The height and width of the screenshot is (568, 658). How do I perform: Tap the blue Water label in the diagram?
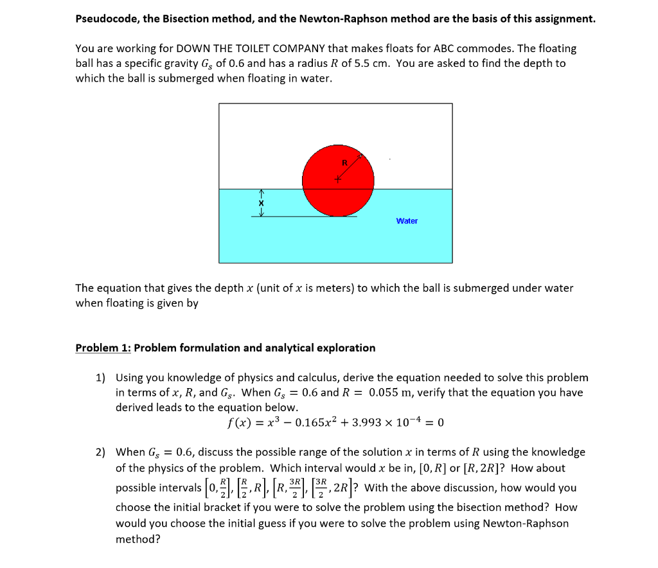pos(407,221)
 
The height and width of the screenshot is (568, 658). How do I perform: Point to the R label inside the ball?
pos(344,163)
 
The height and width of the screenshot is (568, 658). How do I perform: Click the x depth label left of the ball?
pos(261,202)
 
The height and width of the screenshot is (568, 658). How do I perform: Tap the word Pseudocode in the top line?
pos(106,19)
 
